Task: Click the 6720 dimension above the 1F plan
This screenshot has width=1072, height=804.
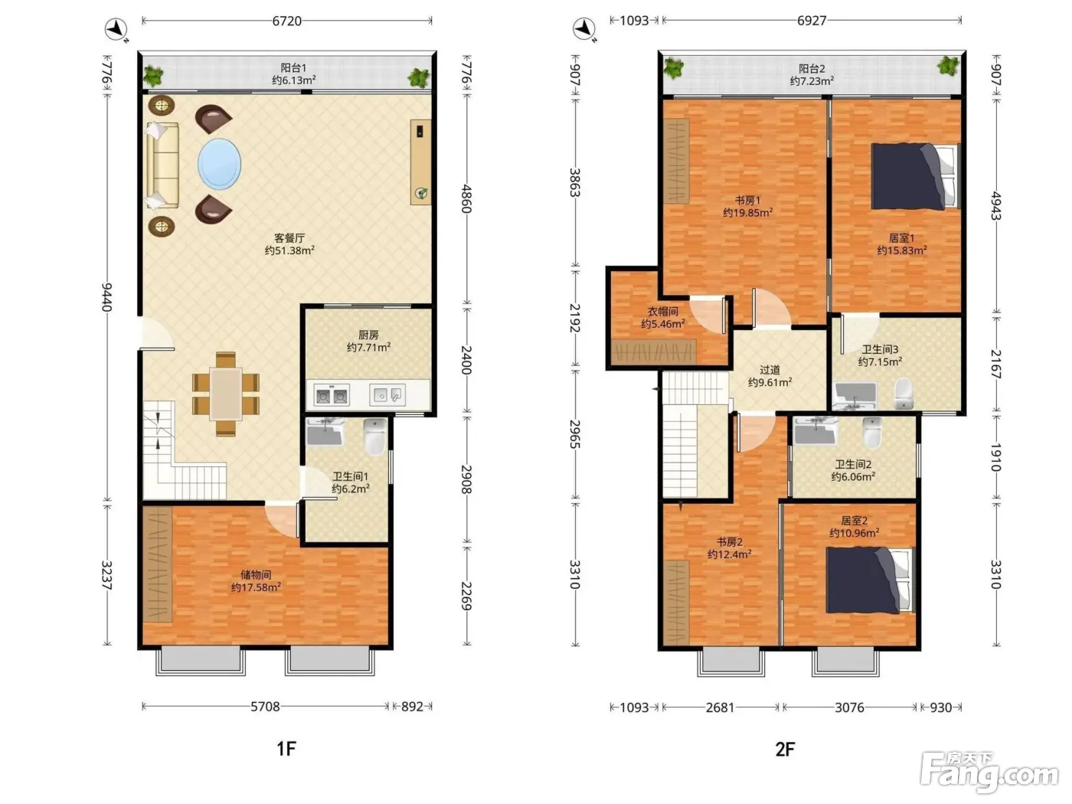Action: point(286,21)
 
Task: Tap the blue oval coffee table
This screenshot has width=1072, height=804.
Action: point(219,164)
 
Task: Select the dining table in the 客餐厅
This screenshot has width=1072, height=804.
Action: point(226,394)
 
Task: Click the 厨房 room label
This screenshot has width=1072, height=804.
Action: point(368,335)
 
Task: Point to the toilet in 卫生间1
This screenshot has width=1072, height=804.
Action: point(375,436)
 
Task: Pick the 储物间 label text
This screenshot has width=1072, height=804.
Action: point(256,574)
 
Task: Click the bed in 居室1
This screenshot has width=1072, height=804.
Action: point(916,176)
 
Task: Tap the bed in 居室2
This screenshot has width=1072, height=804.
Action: point(869,580)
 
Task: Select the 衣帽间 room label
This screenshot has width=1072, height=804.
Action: point(663,312)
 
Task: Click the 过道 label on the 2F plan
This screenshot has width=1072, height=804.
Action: point(770,370)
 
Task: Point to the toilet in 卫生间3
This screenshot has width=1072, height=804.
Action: point(904,394)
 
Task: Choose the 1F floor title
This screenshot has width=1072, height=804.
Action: point(286,748)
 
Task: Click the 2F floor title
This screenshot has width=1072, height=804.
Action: point(786,749)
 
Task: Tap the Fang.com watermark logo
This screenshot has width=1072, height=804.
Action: point(989,773)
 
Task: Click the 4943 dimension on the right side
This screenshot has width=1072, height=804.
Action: point(996,207)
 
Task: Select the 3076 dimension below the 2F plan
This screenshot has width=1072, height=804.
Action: point(849,708)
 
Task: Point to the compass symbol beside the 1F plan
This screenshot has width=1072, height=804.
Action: point(116,29)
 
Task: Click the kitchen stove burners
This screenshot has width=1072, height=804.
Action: point(332,395)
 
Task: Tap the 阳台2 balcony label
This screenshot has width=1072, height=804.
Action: point(811,69)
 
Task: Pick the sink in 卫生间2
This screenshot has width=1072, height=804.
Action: point(815,430)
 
